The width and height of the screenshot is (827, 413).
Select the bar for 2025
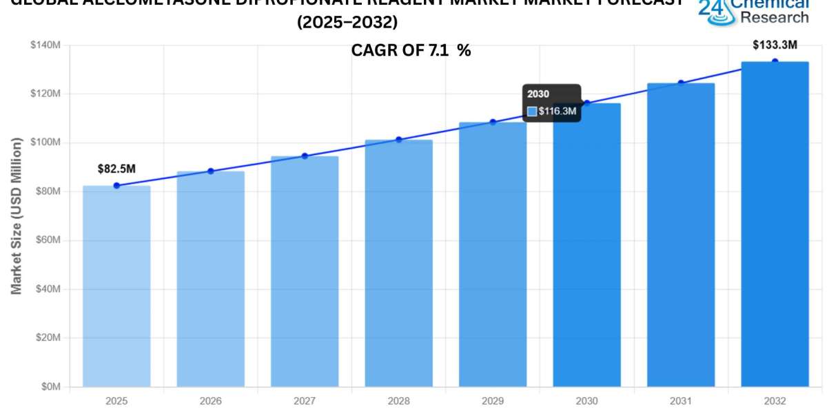click(116, 286)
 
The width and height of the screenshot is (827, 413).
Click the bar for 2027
click(305, 271)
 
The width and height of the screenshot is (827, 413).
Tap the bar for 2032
click(775, 224)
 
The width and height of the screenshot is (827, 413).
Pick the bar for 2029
click(493, 255)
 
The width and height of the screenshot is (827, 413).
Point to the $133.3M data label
click(775, 45)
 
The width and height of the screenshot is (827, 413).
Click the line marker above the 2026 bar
click(211, 171)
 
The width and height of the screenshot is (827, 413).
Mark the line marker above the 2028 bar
click(399, 140)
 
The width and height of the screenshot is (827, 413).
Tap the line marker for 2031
click(681, 83)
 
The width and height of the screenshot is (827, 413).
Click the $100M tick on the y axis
click(46, 142)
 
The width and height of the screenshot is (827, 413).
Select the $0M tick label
click(50, 387)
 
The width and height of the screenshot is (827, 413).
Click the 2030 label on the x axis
click(586, 401)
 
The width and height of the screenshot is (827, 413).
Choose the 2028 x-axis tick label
click(398, 401)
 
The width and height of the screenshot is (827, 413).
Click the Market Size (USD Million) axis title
click(17, 215)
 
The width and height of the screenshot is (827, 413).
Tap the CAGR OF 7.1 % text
click(411, 50)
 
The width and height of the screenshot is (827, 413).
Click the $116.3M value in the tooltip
click(558, 111)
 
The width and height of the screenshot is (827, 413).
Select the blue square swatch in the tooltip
click(532, 111)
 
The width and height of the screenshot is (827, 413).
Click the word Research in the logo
click(775, 17)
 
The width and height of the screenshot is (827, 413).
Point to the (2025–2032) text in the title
click(348, 23)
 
